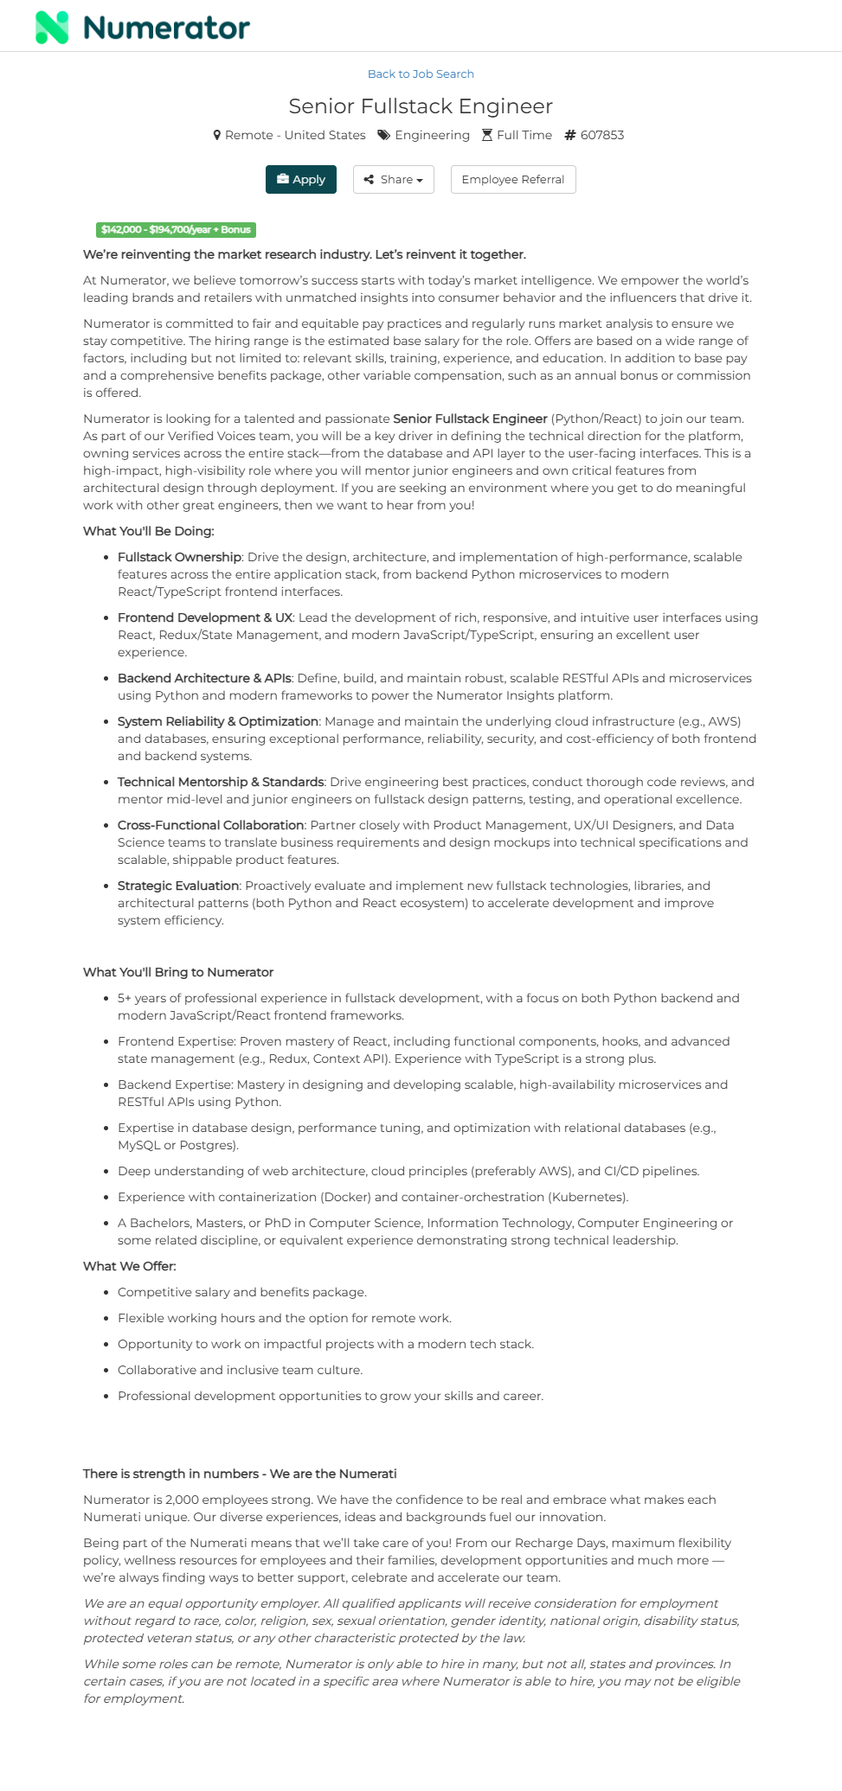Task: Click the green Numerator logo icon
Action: (52, 28)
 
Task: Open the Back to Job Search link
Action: (421, 74)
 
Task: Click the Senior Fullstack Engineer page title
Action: (421, 106)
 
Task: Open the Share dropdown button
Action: (393, 180)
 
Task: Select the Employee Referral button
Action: (512, 180)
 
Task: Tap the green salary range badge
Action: (176, 230)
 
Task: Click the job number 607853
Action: (601, 136)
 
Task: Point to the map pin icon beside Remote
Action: (217, 136)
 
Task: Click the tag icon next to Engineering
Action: (383, 136)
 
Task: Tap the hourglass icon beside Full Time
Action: (487, 136)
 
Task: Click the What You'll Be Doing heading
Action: (148, 531)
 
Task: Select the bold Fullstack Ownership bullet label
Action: (179, 557)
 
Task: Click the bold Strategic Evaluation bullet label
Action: (178, 886)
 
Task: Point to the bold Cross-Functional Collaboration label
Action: (210, 825)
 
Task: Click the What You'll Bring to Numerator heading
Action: (178, 972)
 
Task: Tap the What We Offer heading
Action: (130, 1266)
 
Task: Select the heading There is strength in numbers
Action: (240, 1474)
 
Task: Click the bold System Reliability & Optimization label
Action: (218, 721)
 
